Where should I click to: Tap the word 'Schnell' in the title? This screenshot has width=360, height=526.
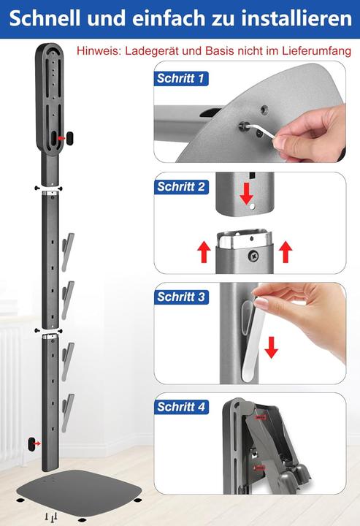tap(45, 18)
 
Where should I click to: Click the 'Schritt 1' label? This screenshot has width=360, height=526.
tap(180, 78)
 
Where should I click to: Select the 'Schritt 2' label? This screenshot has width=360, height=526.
tap(181, 186)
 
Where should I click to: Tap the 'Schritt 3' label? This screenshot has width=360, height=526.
tap(181, 297)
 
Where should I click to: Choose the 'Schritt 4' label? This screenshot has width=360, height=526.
tap(181, 407)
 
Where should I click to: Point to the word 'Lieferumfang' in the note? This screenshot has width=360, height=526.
tap(316, 51)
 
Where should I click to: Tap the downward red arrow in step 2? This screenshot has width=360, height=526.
tap(247, 194)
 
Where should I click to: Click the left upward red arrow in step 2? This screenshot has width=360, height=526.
tap(204, 252)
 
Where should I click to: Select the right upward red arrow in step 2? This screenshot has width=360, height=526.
tap(286, 251)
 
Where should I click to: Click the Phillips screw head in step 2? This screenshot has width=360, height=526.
tap(253, 256)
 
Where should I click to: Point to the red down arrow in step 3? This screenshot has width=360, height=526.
tap(271, 348)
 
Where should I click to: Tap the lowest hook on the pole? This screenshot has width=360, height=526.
tap(68, 413)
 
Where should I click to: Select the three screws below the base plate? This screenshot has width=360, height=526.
tap(52, 517)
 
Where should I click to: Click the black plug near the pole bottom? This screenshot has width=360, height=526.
tap(32, 444)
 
